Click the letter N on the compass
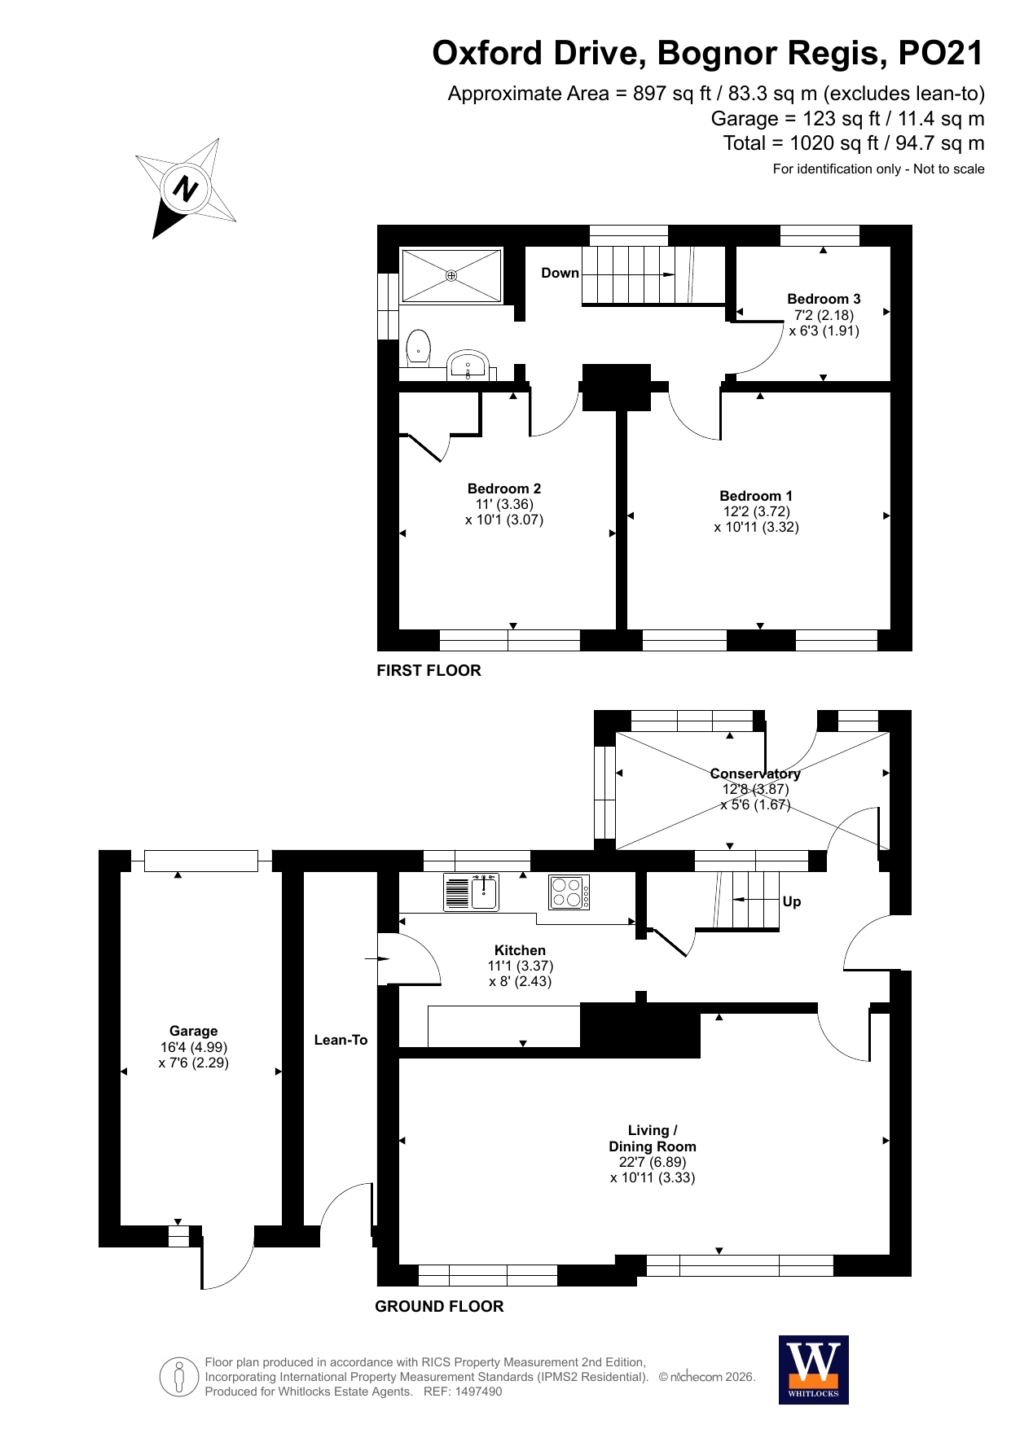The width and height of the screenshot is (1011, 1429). click(186, 189)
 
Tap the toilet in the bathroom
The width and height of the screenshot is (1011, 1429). click(418, 348)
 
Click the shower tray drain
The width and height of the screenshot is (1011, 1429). click(451, 276)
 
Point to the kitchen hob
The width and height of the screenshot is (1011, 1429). click(569, 892)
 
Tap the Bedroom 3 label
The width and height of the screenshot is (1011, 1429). click(824, 299)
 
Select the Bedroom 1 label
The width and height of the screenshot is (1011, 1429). click(756, 496)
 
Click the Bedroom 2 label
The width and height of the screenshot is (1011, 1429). click(504, 489)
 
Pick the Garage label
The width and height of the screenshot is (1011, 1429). click(194, 1031)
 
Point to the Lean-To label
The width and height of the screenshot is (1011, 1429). click(341, 1040)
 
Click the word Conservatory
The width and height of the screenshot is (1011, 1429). click(755, 774)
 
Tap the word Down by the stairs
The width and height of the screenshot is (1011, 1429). click(560, 273)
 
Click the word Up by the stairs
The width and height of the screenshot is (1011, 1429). click(792, 901)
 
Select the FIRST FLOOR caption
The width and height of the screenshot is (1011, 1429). click(429, 670)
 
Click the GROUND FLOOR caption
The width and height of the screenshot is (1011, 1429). click(439, 1306)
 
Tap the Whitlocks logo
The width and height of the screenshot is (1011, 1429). click(814, 1370)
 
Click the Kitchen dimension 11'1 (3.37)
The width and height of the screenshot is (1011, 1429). click(521, 966)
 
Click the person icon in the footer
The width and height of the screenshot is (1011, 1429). click(179, 1377)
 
